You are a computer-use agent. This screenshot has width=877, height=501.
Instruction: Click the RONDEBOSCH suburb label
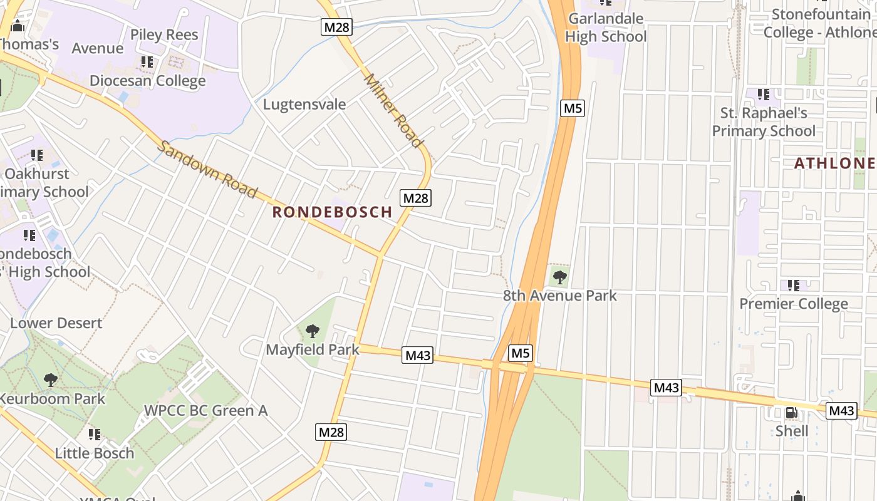[x=332, y=212]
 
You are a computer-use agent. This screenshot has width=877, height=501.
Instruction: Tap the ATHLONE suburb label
[x=834, y=163]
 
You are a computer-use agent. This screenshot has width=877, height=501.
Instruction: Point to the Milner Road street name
[x=393, y=111]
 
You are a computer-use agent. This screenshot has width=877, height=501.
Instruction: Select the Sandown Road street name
[x=207, y=169]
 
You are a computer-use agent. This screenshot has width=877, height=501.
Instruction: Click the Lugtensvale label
[x=304, y=104]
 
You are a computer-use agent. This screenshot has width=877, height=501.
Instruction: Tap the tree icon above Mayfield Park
[x=312, y=331]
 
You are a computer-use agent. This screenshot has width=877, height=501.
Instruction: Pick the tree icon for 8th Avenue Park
[x=560, y=276]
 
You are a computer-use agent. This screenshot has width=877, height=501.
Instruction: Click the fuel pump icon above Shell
[x=792, y=413]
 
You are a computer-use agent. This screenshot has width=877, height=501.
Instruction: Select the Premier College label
[x=794, y=304]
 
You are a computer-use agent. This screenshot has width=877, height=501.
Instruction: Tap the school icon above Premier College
[x=794, y=286]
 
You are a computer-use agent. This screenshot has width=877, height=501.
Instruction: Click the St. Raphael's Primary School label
[x=764, y=122]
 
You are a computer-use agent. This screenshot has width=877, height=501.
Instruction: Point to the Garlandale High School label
[x=606, y=28]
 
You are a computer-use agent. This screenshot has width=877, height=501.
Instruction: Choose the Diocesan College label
[x=147, y=81]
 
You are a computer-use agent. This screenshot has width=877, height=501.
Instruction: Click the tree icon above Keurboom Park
[x=50, y=380]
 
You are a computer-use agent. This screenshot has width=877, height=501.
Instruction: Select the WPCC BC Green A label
[x=205, y=411]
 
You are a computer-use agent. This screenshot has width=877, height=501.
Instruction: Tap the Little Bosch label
[x=95, y=453]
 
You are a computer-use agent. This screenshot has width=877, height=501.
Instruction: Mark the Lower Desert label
[x=56, y=323]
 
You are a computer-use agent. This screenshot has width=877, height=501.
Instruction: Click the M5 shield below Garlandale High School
[x=573, y=108]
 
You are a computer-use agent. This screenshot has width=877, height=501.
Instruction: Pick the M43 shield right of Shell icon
[x=841, y=411]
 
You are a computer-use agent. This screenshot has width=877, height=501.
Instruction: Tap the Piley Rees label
[x=164, y=34]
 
